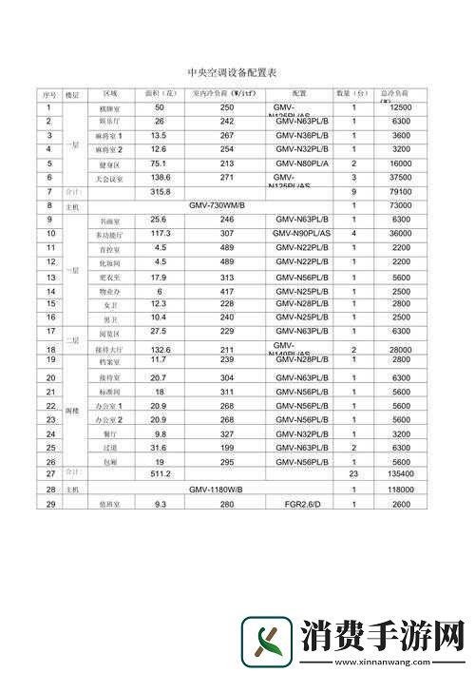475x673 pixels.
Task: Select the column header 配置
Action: click(299, 94)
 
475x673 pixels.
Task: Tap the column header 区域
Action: click(109, 94)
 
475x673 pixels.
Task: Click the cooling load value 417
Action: click(226, 290)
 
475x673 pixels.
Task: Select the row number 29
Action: click(48, 504)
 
